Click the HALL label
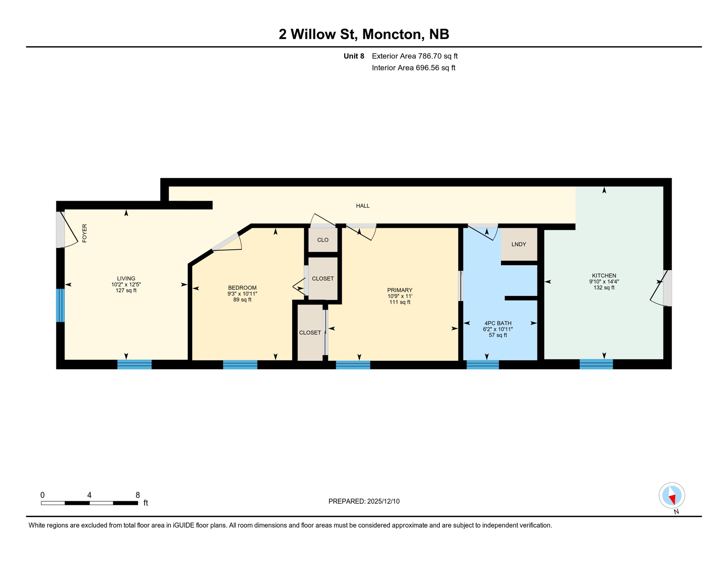click(363, 206)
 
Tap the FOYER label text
click(85, 233)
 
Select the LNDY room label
click(519, 244)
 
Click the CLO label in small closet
click(323, 240)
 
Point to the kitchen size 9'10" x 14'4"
click(604, 282)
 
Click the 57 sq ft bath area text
click(498, 335)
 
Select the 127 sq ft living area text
click(126, 291)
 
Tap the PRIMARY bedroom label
click(400, 290)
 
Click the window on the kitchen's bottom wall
click(596, 364)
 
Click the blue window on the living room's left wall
click(60, 306)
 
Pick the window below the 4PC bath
click(482, 364)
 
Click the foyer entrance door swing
click(68, 231)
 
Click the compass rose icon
click(672, 495)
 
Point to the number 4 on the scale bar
click(89, 495)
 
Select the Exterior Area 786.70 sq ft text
click(415, 56)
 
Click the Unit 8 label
click(354, 56)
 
